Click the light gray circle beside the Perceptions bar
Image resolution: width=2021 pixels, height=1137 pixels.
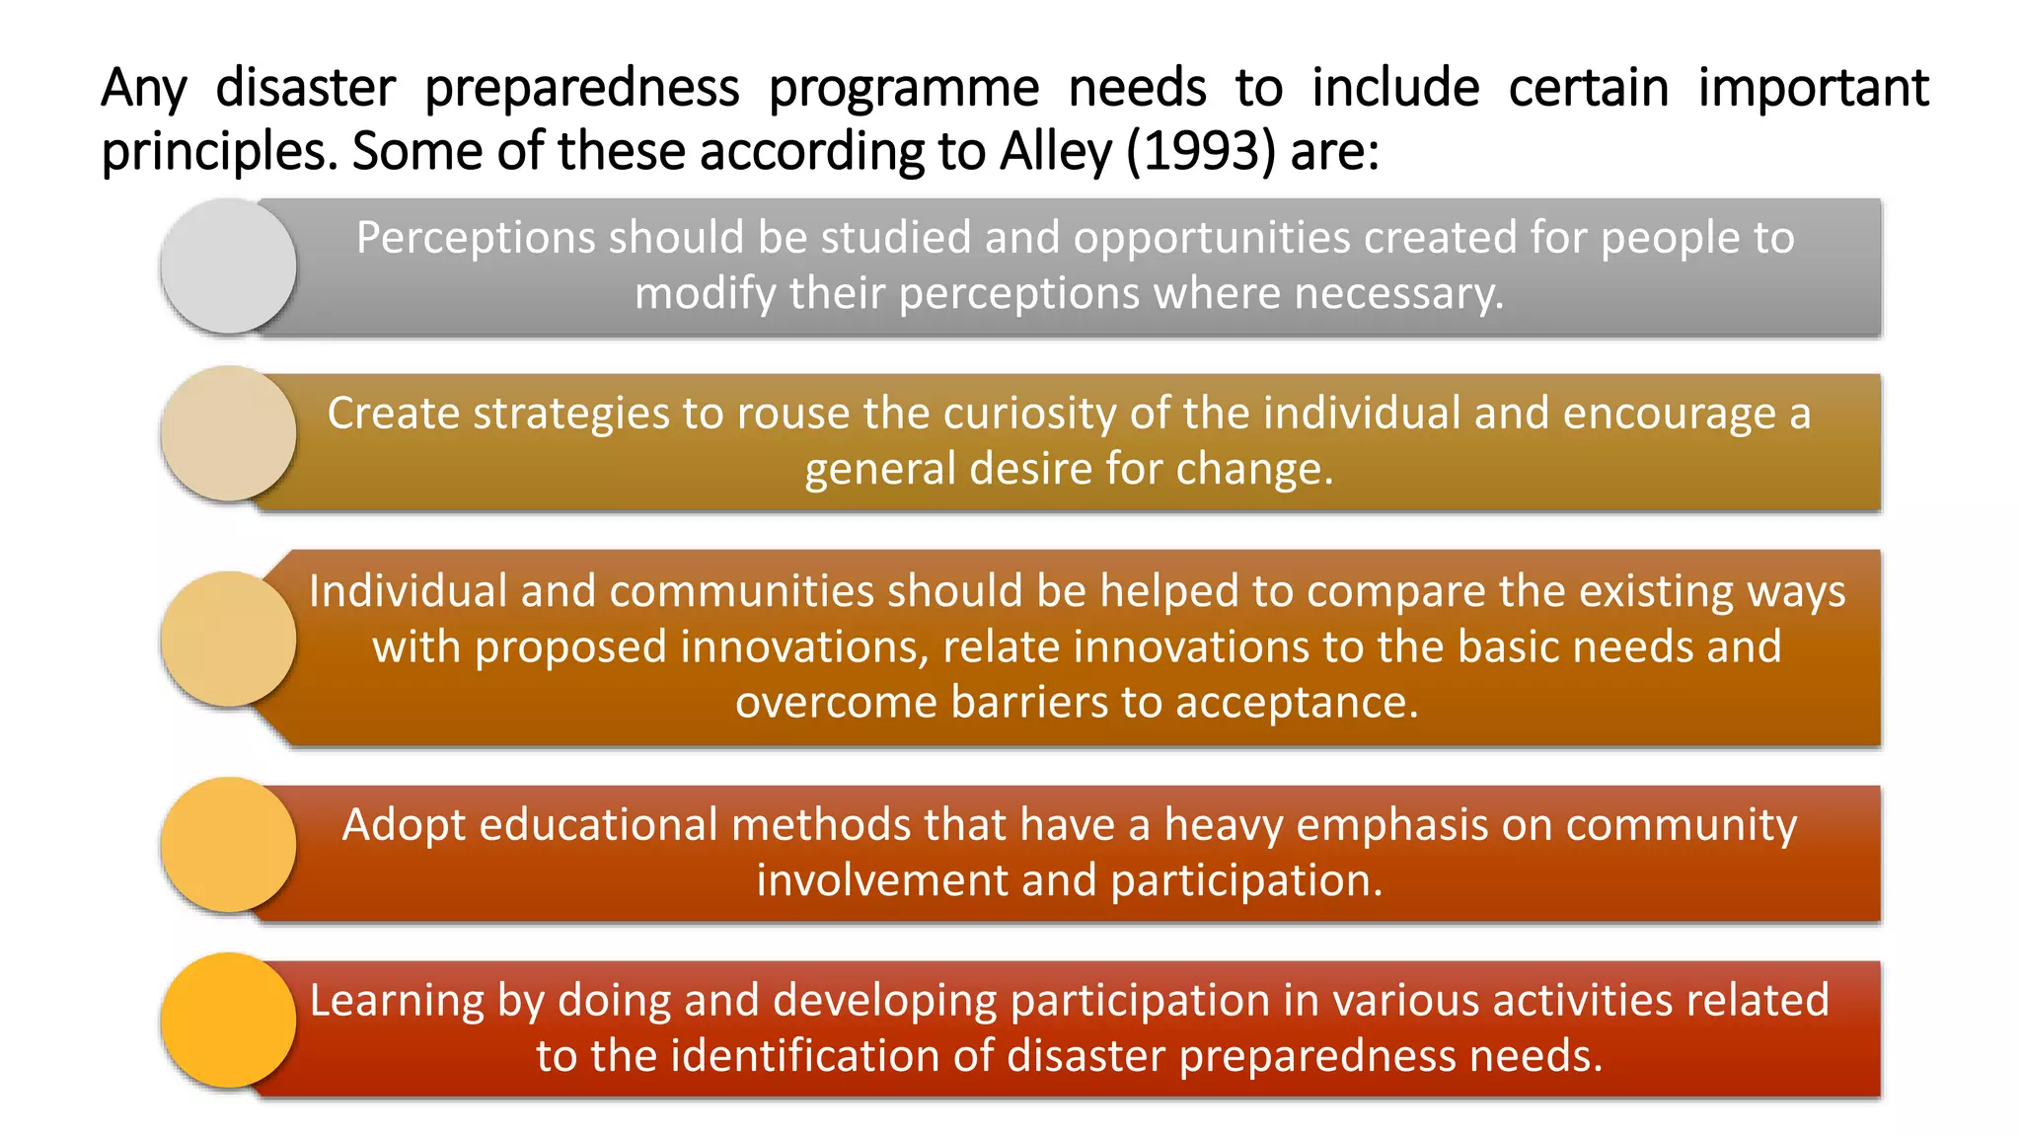tap(228, 265)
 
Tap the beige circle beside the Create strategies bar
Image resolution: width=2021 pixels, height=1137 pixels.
tap(228, 433)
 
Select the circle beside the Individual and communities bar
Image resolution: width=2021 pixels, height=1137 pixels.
tap(228, 639)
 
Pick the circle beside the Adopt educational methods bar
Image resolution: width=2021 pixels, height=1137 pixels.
tap(228, 845)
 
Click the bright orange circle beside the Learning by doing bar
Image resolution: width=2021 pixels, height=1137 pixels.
tap(228, 1021)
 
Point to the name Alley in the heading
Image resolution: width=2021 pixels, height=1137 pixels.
tap(1055, 152)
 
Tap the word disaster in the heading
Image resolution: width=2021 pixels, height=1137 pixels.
tap(305, 88)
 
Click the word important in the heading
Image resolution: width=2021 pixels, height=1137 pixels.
tap(1813, 88)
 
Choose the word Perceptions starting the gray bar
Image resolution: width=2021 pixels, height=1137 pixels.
tap(476, 239)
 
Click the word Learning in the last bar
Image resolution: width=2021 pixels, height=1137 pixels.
tap(397, 1002)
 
